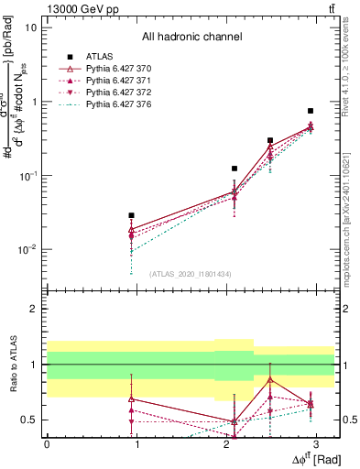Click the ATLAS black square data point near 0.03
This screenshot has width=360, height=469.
[x=132, y=215]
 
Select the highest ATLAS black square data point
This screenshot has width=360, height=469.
[x=311, y=111]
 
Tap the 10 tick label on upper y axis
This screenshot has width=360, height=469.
[x=30, y=27]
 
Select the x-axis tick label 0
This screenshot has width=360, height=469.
[x=47, y=442]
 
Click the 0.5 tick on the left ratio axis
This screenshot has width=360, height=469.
[x=30, y=420]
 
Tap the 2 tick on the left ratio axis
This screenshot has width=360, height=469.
[x=34, y=309]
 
